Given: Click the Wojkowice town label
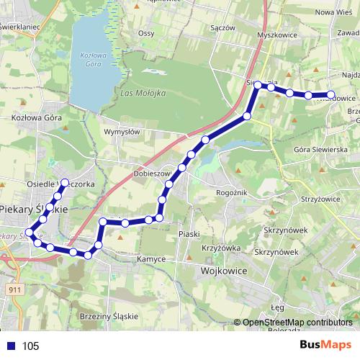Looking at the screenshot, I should point(219,271).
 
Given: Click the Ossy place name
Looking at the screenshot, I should point(146,33).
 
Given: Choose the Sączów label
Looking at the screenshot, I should point(224,27).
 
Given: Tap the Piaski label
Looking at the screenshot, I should point(189,234).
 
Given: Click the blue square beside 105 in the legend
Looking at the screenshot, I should point(9,346).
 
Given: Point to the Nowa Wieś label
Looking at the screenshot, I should point(333,12).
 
